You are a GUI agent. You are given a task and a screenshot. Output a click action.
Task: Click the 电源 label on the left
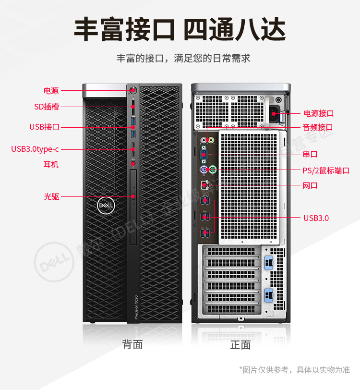[51, 90]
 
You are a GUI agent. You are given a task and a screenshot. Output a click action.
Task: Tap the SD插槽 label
[46, 107]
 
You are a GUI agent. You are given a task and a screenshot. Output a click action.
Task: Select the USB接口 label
[44, 127]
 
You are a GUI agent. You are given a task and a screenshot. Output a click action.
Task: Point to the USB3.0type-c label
[35, 149]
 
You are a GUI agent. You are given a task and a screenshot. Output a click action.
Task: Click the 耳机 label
[51, 164]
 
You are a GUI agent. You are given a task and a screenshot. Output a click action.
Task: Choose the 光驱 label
[51, 196]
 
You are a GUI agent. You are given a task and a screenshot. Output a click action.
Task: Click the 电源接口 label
[318, 113]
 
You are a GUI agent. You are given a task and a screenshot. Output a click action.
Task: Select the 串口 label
[310, 154]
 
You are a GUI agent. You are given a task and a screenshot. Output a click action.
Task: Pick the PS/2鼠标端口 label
[325, 171]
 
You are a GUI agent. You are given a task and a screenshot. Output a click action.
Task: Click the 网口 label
[310, 185]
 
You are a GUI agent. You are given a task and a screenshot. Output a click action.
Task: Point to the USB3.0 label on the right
[316, 218]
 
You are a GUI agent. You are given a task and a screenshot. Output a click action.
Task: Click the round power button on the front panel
[133, 90]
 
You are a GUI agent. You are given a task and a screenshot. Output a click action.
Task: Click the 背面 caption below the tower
[132, 344]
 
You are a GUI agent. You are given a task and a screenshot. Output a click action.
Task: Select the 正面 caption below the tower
[240, 345]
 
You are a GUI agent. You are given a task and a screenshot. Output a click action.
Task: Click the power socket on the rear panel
[274, 114]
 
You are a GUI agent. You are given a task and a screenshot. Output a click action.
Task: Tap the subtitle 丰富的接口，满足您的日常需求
[183, 59]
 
